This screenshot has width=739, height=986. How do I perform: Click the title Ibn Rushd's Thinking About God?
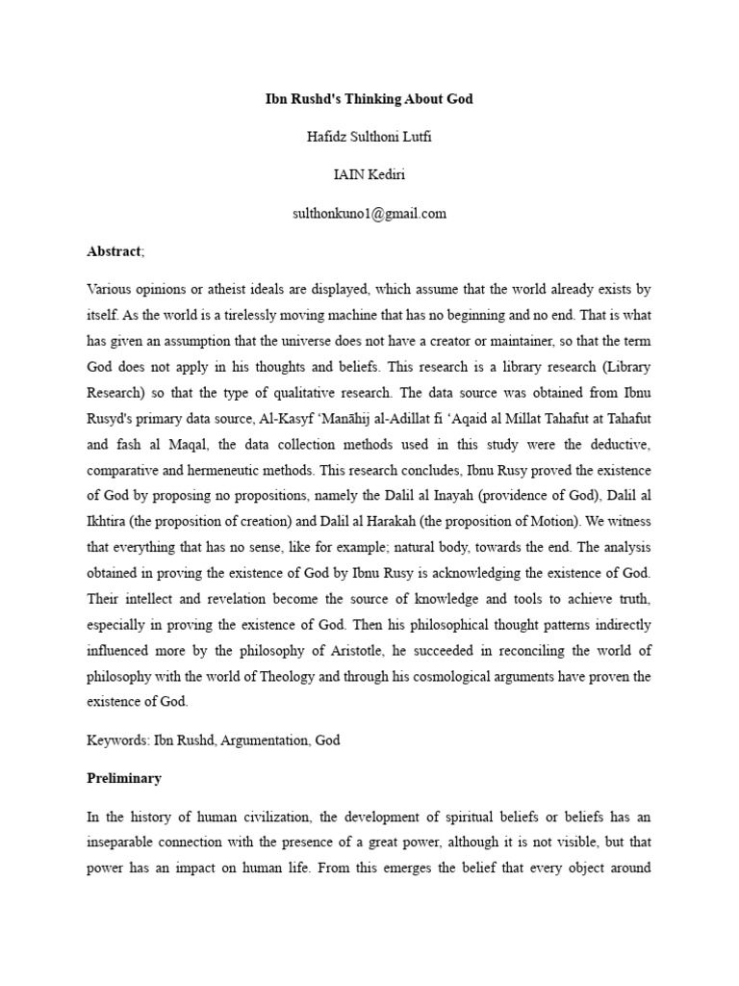tap(369, 99)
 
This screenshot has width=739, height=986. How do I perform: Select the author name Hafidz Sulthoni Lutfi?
tap(369, 138)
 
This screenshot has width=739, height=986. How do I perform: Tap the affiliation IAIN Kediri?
tap(369, 175)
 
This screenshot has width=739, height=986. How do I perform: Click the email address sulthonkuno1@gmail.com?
tap(369, 214)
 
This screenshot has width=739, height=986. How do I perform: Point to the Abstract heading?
tap(114, 251)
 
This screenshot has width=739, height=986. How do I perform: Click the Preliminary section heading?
tap(124, 777)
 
